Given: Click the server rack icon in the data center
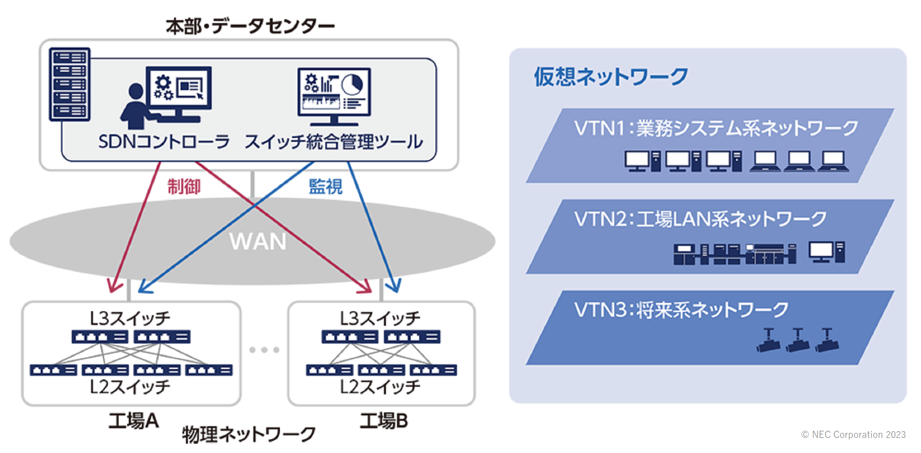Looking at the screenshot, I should click(70, 84).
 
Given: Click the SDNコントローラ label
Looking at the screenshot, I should click(164, 142).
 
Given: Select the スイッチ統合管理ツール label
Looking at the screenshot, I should click(334, 142).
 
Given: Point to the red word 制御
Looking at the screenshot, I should click(184, 187).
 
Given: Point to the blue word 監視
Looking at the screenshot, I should click(326, 187).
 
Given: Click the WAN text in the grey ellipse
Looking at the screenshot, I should click(258, 242).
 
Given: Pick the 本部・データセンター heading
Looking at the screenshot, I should click(250, 26).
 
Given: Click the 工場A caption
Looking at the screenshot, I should click(133, 420).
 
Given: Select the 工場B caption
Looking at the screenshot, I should click(384, 420).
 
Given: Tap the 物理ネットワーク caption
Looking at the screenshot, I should click(248, 435).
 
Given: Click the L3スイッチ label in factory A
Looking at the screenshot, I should click(130, 318).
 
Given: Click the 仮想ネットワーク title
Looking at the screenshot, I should click(611, 77).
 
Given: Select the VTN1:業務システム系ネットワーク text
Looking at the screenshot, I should click(716, 128).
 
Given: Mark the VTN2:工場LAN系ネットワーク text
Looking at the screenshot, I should click(700, 219).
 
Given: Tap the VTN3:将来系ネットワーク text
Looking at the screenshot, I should click(681, 310).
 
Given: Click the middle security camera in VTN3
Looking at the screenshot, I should click(798, 340).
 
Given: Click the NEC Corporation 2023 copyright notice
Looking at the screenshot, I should click(853, 435).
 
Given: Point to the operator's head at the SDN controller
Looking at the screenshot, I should click(136, 91).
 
